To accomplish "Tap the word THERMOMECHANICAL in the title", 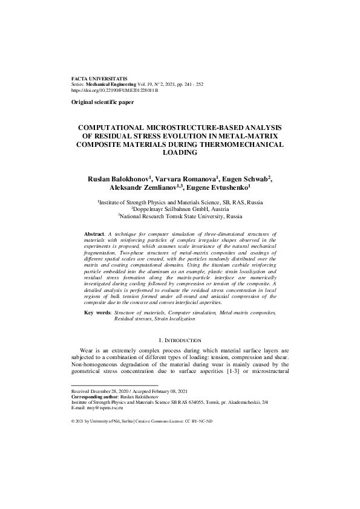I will coord(242,145).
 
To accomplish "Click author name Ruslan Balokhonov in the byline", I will coord(117,180).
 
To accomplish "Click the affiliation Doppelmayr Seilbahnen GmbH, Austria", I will coord(180,208).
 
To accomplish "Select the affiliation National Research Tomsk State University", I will coord(180,215).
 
